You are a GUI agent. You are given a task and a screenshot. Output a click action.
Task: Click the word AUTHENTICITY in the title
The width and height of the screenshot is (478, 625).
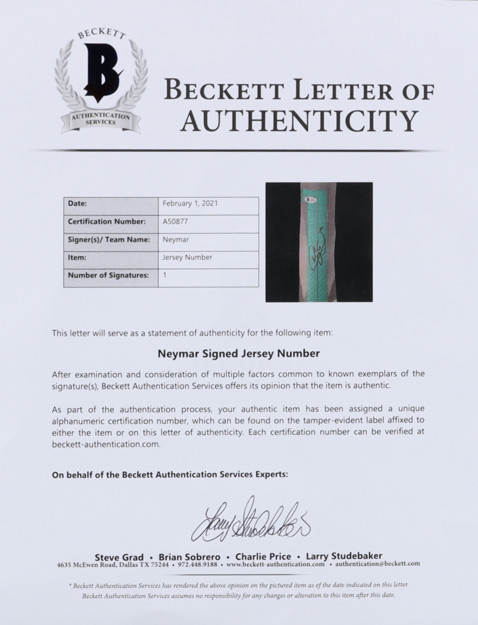click(x=298, y=119)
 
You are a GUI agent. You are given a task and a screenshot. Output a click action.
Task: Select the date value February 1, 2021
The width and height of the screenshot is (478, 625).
click(x=190, y=204)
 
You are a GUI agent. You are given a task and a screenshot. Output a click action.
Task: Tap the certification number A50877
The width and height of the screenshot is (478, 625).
click(x=175, y=222)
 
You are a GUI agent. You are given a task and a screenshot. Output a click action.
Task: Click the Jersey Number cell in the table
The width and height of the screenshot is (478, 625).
click(x=187, y=257)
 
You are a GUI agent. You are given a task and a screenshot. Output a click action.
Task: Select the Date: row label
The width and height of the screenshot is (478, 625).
click(x=78, y=204)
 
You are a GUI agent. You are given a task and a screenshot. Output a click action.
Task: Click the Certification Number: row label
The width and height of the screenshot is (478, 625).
click(x=106, y=222)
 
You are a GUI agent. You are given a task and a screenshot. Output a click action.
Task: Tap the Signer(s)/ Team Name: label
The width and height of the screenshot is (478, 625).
click(x=108, y=239)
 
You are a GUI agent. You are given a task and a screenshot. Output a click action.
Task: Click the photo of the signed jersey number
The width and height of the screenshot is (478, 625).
click(x=319, y=242)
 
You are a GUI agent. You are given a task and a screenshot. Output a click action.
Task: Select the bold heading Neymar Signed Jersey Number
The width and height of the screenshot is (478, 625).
click(x=238, y=353)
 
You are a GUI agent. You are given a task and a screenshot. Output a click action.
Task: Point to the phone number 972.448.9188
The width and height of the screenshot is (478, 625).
click(x=193, y=564)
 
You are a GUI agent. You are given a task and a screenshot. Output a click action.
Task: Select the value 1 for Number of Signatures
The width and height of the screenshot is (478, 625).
click(x=165, y=275)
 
